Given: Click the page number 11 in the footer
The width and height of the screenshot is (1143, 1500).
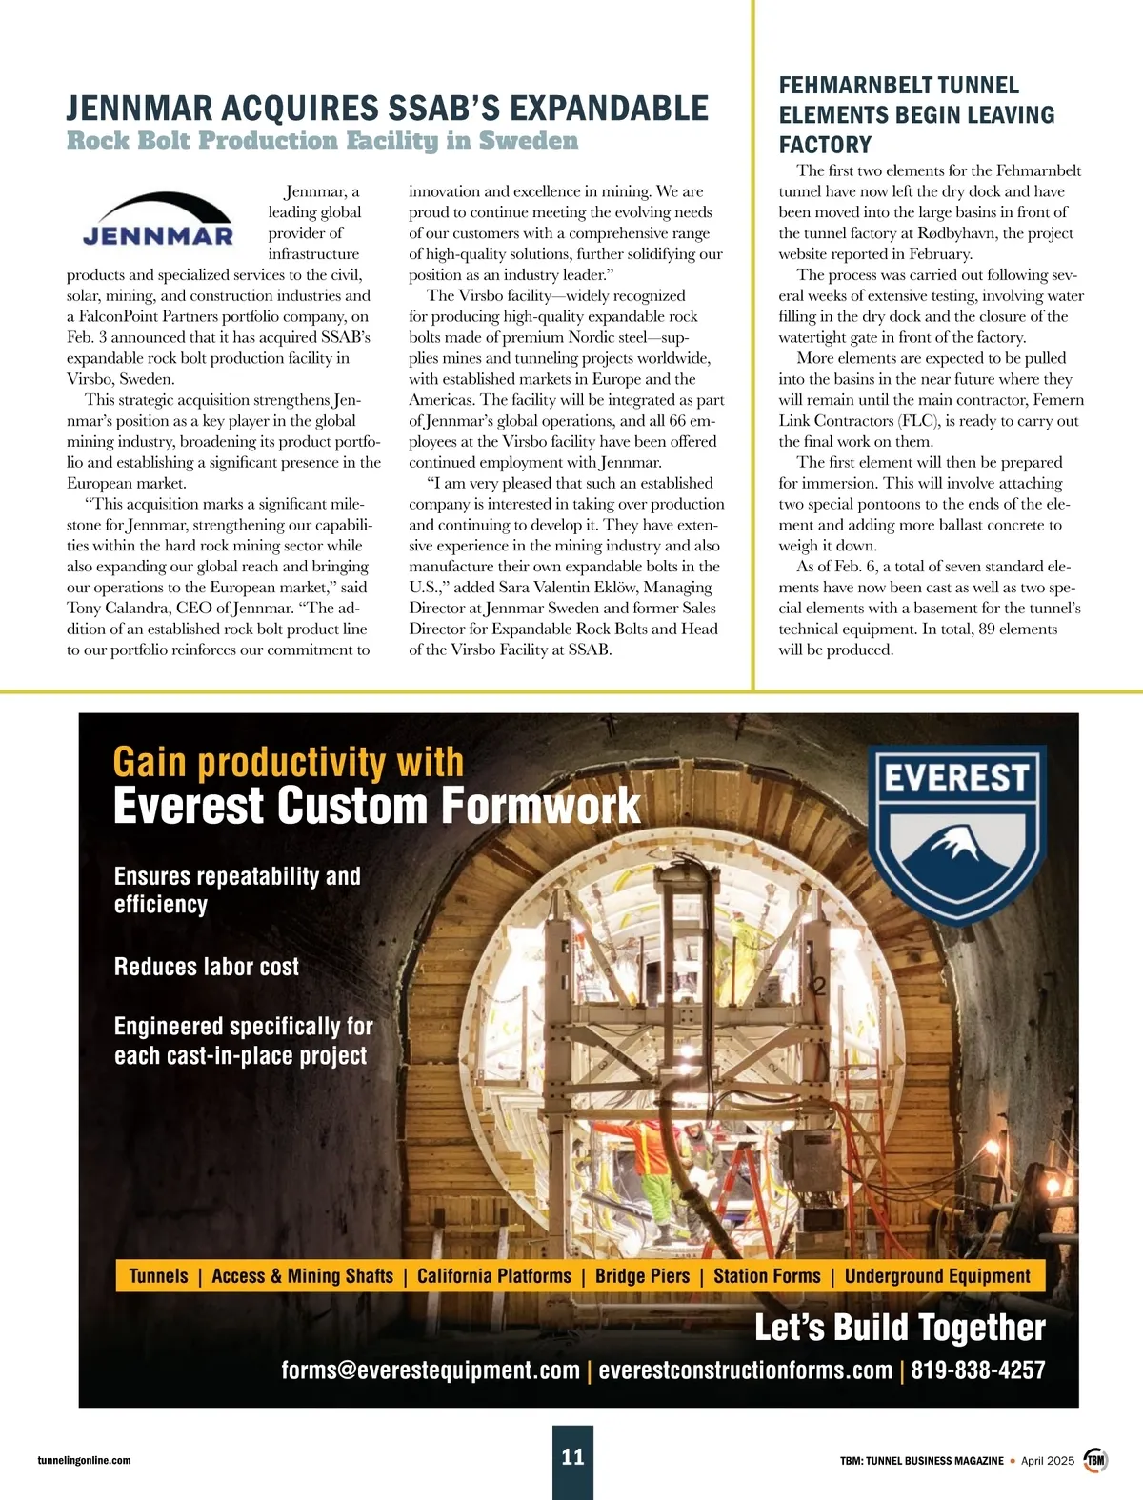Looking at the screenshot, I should point(572,1456).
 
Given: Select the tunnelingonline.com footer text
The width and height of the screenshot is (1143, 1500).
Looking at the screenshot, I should point(85,1460).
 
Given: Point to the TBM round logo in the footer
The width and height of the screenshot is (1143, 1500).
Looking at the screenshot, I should point(1096,1460).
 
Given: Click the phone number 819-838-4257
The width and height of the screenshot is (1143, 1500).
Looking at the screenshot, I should point(978,1370).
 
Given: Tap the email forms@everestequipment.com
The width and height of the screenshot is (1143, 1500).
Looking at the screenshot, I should point(431,1370).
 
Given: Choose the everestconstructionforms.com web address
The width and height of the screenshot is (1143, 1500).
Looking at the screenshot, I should point(745,1370).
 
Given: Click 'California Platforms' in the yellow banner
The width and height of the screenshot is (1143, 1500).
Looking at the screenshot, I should point(493,1276).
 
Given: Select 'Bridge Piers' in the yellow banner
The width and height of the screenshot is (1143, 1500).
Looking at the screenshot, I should point(642,1276).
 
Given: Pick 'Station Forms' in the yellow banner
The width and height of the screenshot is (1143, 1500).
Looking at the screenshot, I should point(767,1276).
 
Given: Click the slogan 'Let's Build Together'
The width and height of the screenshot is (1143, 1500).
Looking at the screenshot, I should point(899,1328).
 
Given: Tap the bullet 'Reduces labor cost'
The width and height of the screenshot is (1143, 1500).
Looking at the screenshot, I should point(207,967).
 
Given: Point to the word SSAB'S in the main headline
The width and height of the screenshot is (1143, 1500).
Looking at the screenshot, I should point(444,109).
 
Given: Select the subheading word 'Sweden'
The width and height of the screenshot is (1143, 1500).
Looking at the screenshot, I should point(529,141).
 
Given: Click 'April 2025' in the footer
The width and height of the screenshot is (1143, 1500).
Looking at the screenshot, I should point(1047,1460).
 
